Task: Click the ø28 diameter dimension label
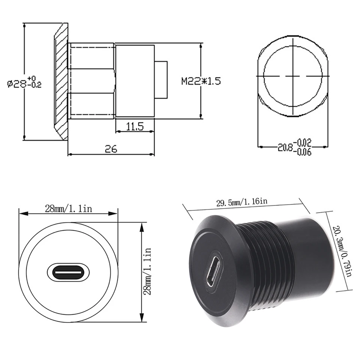coord(24,82)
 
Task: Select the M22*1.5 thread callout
coord(201,81)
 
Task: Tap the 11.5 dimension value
coord(135,126)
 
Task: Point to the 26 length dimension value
coord(111,149)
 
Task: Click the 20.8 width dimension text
coord(285,147)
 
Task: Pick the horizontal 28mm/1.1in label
coord(68,209)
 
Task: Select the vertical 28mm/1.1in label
coord(147,271)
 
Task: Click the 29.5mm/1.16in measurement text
coord(242,202)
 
